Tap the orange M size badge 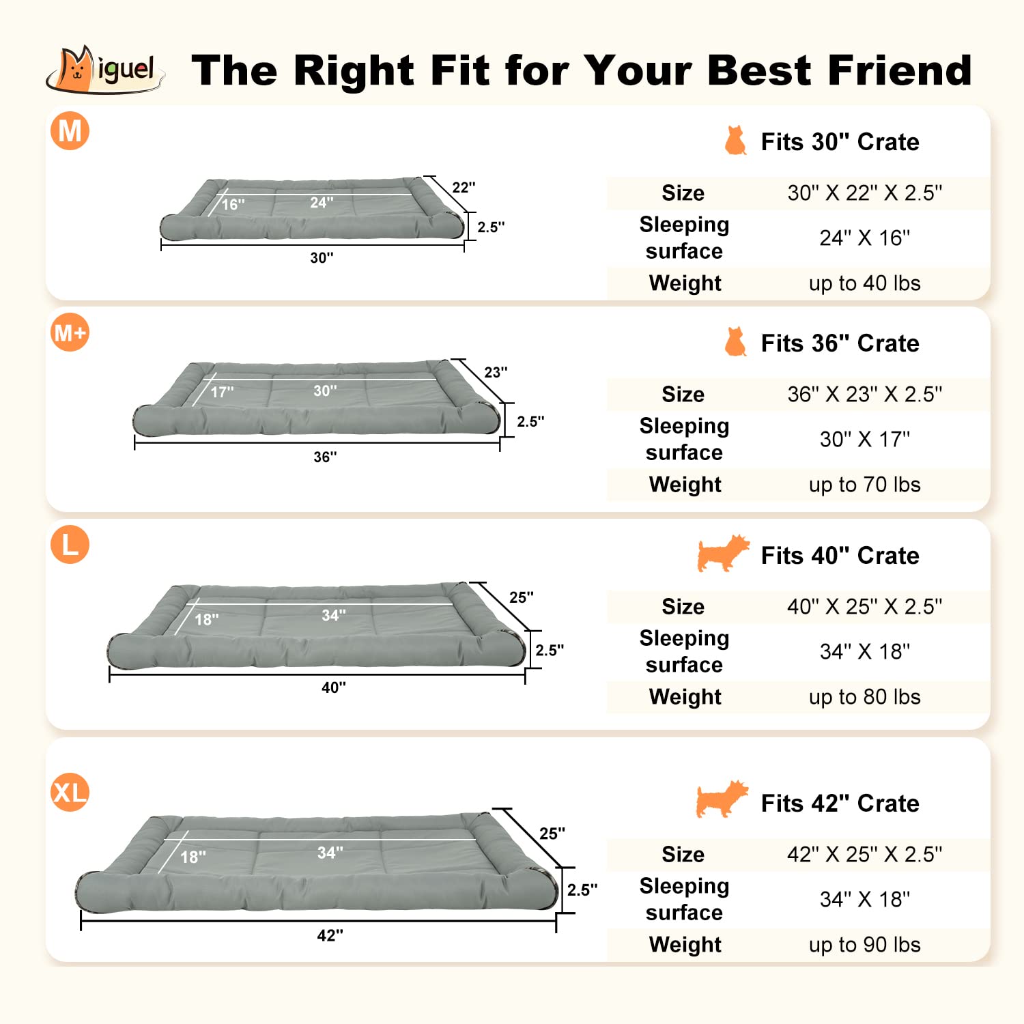[70, 130]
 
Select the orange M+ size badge [70, 332]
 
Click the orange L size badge [70, 545]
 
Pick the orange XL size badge [70, 793]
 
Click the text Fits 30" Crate [840, 142]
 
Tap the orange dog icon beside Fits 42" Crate [722, 799]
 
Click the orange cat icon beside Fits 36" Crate [735, 341]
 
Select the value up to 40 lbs [864, 283]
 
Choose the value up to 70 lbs [864, 485]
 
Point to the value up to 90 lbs [864, 945]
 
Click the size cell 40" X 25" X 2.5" [864, 607]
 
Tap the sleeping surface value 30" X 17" [864, 440]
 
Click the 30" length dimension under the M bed [322, 258]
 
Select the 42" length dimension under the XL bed [330, 936]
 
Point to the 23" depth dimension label [496, 373]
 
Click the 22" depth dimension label [464, 188]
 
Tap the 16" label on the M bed [233, 205]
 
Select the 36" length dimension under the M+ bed [325, 457]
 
